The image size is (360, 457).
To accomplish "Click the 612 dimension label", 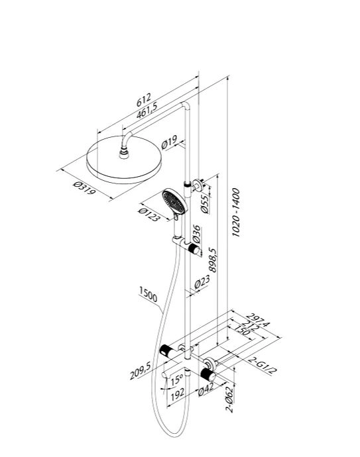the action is pos(143,99).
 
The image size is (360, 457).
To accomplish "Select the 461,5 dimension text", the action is pos(147,111).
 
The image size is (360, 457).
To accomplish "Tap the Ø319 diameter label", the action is pos(84,188).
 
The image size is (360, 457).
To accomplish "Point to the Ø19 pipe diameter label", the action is pos(169,142).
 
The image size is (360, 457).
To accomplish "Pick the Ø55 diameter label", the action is pos(206,204).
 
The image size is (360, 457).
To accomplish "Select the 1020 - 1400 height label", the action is pos(235,212).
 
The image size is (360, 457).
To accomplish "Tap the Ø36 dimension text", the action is pos(197,234).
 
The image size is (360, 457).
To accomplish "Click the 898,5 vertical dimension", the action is pos(213,260).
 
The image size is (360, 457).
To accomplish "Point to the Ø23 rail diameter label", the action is pos(202,282).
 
